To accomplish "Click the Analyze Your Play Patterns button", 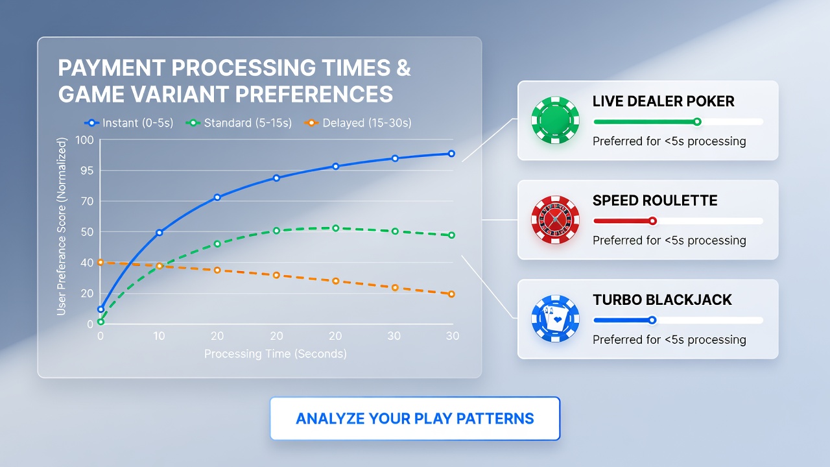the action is click(415, 418).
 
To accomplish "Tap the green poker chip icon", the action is click(555, 120).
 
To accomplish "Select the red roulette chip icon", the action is click(555, 219).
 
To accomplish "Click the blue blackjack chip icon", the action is click(555, 318).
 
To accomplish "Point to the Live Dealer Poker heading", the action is click(663, 101).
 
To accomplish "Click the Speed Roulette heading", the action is click(655, 200).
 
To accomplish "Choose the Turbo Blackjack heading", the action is click(662, 300).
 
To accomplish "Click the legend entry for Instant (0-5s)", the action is click(129, 123).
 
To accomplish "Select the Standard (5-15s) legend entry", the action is click(239, 123).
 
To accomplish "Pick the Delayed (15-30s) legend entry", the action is click(357, 123).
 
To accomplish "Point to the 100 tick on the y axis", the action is click(84, 140).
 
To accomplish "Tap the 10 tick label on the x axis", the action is click(159, 336).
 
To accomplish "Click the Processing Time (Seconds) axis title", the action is click(276, 354).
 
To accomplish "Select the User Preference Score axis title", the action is click(62, 226).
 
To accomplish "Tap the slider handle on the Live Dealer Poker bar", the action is click(697, 121).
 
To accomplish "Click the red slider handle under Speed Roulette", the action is click(652, 221).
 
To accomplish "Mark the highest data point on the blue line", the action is click(451, 154).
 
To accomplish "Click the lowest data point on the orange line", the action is click(451, 294).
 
